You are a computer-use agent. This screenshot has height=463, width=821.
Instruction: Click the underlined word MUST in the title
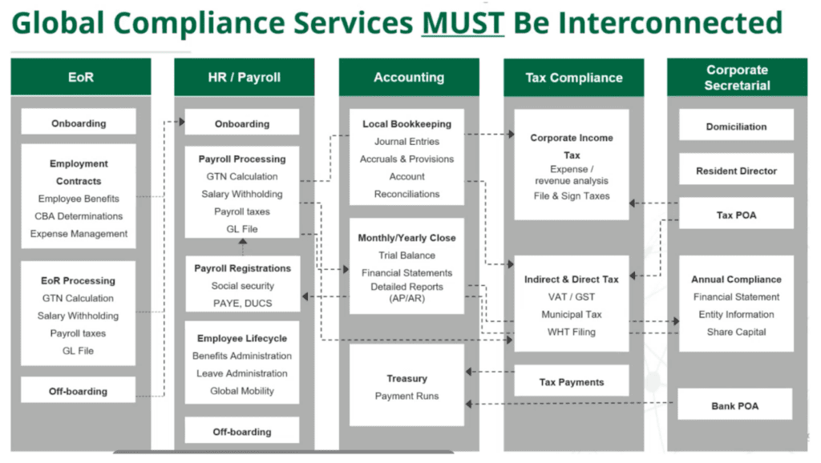463,22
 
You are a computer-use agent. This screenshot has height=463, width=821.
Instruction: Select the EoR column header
80,78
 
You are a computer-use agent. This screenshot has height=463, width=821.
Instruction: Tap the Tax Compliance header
573,78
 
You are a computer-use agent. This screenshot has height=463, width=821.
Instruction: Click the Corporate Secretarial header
737,78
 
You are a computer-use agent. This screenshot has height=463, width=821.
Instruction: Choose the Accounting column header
408,78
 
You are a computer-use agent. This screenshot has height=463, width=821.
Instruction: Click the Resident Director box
736,171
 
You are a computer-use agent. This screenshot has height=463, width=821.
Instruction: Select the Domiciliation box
736,127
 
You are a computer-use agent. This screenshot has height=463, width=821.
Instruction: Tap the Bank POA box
734,406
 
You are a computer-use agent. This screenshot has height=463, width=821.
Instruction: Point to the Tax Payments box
571,382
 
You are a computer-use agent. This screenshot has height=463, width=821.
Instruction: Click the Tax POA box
736,215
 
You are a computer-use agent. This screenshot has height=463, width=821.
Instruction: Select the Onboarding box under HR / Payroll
242,124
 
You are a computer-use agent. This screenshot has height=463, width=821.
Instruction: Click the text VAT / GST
571,297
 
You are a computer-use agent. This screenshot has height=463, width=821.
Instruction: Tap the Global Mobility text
242,391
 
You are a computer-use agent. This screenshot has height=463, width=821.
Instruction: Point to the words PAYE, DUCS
242,304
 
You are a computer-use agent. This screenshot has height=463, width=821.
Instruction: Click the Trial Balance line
407,256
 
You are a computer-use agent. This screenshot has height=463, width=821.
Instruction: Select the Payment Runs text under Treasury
407,397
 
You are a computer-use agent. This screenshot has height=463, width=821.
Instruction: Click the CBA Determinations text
79,216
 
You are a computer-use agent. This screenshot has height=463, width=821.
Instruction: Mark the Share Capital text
736,332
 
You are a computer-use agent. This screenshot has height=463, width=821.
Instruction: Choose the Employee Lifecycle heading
242,338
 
